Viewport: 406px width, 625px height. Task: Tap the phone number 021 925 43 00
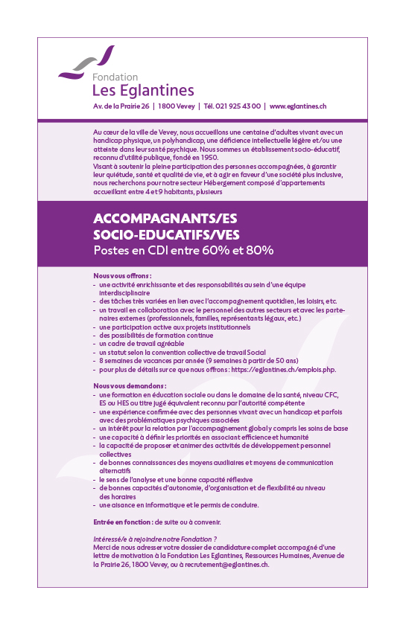coord(232,106)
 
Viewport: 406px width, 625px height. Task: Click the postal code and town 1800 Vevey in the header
coord(176,106)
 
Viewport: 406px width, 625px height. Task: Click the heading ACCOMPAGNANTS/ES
coord(162,219)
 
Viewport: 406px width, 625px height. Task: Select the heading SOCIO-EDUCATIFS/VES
coord(166,234)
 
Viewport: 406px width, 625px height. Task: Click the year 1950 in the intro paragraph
coord(209,158)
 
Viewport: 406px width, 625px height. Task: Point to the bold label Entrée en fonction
coord(122,522)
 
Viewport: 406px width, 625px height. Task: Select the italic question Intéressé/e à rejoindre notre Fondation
coord(154,539)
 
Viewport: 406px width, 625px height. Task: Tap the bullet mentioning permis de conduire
coord(179,505)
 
